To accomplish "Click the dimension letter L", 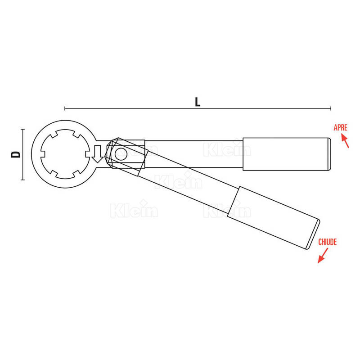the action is [198, 102].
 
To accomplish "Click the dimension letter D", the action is [16, 154].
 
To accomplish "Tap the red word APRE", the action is [340, 127].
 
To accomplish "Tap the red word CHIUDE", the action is [328, 242].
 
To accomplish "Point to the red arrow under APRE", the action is [345, 141].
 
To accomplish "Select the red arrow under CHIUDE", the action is [323, 256].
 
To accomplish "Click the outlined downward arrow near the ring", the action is [98, 154].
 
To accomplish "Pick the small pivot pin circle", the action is [121, 154].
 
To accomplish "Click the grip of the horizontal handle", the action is [285, 154].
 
